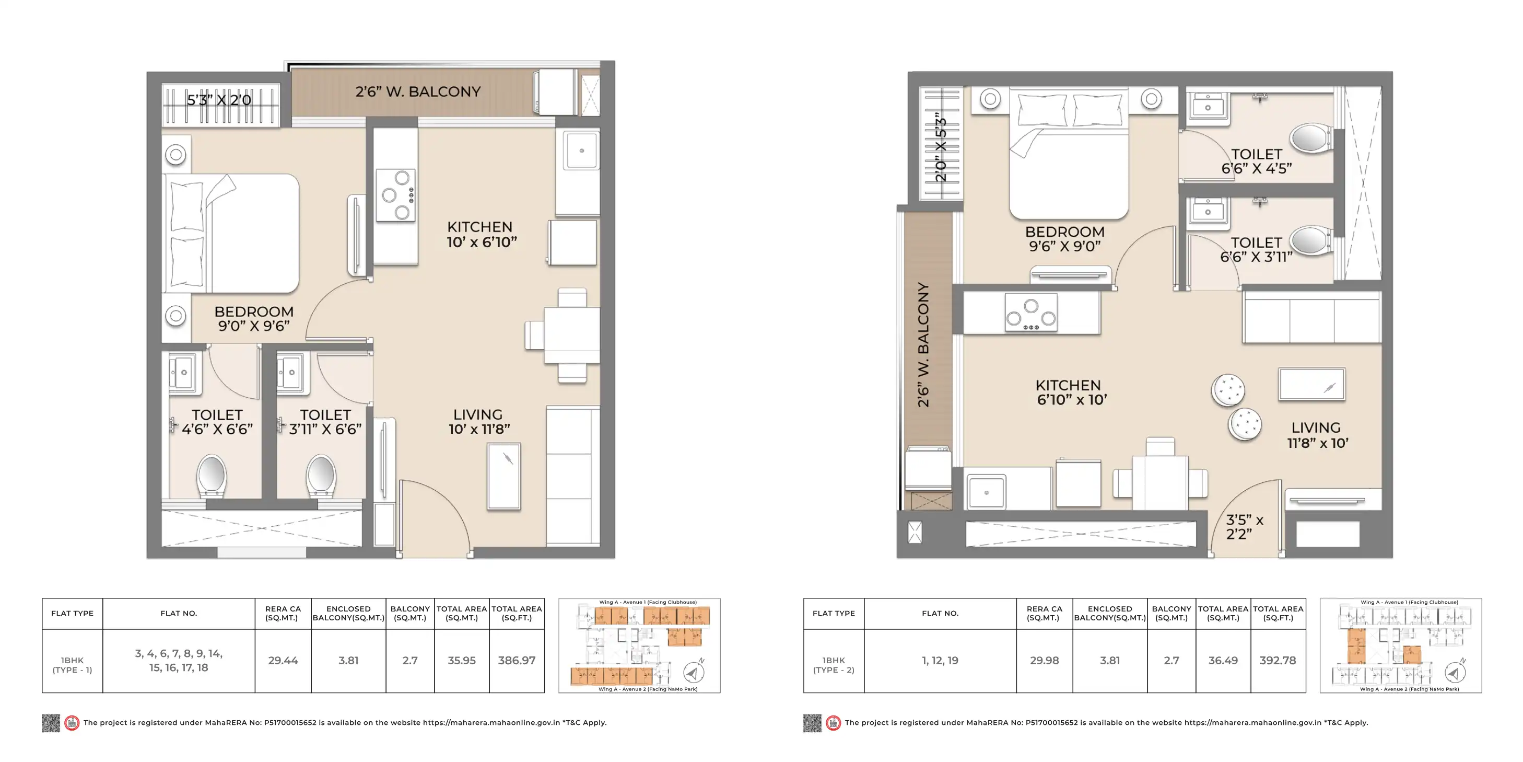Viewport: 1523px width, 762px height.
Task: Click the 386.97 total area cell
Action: coord(516,660)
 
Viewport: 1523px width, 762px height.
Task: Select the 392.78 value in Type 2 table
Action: coord(1278,660)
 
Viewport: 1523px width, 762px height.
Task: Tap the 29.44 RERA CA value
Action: coord(283,660)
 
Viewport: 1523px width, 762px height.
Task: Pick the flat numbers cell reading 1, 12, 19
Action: coord(940,660)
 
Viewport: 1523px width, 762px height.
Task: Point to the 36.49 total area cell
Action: coord(1223,660)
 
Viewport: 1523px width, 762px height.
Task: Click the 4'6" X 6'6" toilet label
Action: coord(217,429)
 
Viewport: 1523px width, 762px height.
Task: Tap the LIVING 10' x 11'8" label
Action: coord(479,422)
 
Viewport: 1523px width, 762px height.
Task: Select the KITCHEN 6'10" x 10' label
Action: coord(1071,392)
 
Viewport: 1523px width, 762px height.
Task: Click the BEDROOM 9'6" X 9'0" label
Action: coord(1065,239)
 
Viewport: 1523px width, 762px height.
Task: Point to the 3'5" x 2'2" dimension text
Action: coord(1244,526)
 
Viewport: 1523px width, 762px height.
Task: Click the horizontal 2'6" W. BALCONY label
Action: coord(418,91)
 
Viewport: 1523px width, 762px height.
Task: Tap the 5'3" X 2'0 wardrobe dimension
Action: coord(219,100)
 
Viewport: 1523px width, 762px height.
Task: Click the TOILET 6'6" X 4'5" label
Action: coord(1256,161)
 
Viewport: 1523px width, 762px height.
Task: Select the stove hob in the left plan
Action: coord(395,195)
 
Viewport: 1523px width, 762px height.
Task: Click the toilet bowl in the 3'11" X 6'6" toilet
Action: coord(321,475)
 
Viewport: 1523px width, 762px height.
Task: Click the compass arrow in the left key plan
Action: coord(694,672)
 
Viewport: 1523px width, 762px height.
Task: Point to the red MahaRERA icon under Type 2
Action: coord(833,722)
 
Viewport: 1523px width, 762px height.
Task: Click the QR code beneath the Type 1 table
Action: coord(51,722)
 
